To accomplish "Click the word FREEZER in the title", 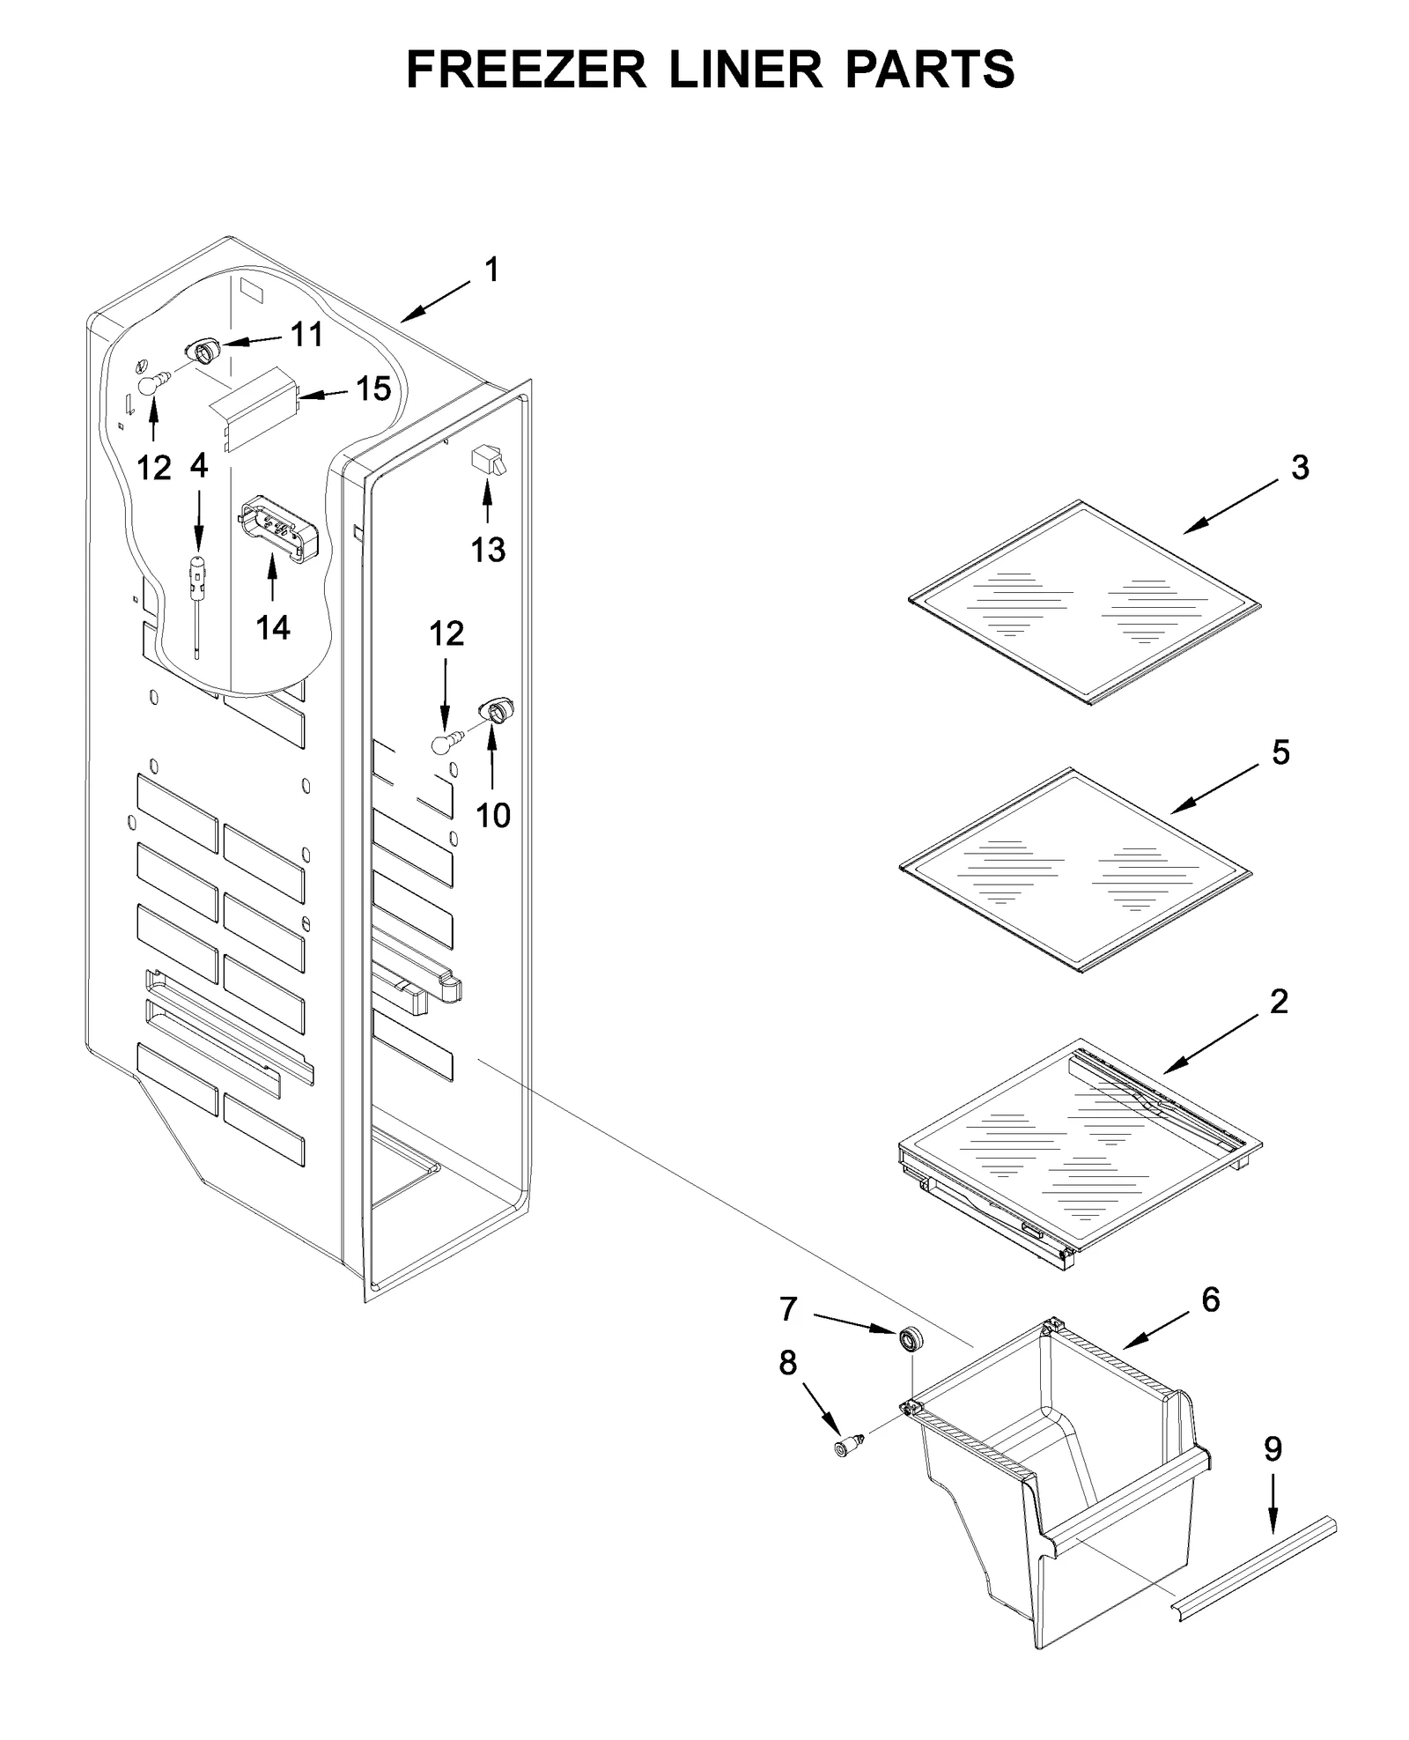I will (x=526, y=70).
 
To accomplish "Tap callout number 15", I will (x=373, y=389).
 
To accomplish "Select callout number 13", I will (x=488, y=550).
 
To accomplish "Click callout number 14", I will (x=273, y=627).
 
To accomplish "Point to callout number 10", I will (x=492, y=815).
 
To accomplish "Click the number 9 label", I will (x=1273, y=1448).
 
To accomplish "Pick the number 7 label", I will (x=788, y=1309).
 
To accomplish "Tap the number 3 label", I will (x=1299, y=468).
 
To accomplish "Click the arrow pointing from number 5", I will (x=1215, y=790).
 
